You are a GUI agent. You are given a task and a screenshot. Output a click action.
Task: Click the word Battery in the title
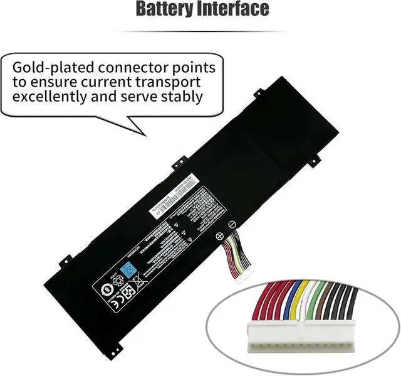pos(165,9)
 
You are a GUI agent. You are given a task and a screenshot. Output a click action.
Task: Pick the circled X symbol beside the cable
pos(219,237)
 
